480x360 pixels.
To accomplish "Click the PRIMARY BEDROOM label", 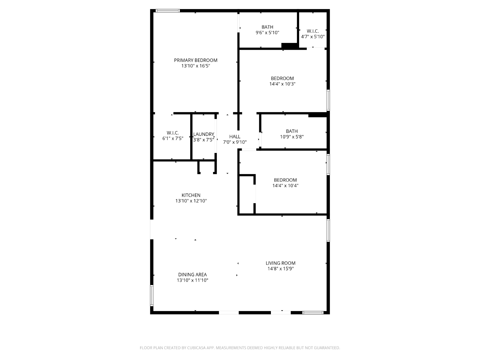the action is click(x=196, y=60).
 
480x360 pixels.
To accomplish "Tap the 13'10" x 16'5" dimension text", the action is click(x=196, y=66).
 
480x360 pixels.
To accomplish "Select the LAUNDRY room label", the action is click(x=203, y=134).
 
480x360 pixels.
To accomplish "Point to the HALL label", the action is click(x=235, y=136).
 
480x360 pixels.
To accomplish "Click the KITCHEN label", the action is click(x=191, y=195).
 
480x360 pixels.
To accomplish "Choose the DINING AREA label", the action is click(x=192, y=274).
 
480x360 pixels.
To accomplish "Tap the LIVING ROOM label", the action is click(x=280, y=263).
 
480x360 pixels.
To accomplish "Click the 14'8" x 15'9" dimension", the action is click(x=280, y=268).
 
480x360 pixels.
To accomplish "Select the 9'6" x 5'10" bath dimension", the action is click(x=267, y=33).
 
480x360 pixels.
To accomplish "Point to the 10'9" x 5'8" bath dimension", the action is click(x=292, y=137).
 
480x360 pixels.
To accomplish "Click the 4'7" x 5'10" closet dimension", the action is click(x=313, y=37).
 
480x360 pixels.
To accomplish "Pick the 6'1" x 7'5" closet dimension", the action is click(x=173, y=138).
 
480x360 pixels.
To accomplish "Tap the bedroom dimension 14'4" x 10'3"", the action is click(x=282, y=84).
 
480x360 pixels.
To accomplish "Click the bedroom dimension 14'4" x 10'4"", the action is click(x=285, y=186).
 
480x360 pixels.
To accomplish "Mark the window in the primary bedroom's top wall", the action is click(x=168, y=10).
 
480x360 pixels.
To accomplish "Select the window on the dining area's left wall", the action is click(x=152, y=295).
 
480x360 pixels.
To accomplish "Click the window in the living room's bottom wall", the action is click(x=313, y=313).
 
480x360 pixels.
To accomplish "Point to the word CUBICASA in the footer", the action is click(x=196, y=348).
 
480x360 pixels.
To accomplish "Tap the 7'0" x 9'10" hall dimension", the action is click(x=235, y=142).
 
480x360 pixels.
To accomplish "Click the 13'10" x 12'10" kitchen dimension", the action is click(x=191, y=201).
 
